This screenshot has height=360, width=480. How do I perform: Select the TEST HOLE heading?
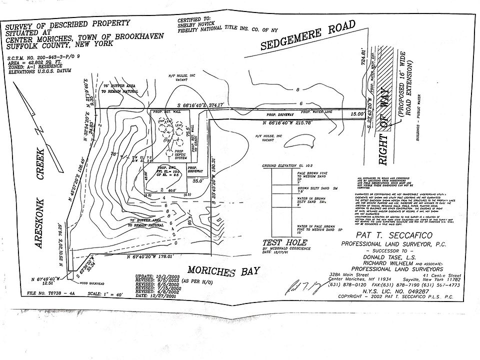point(277,241)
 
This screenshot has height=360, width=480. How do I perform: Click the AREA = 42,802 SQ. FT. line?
point(33,63)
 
